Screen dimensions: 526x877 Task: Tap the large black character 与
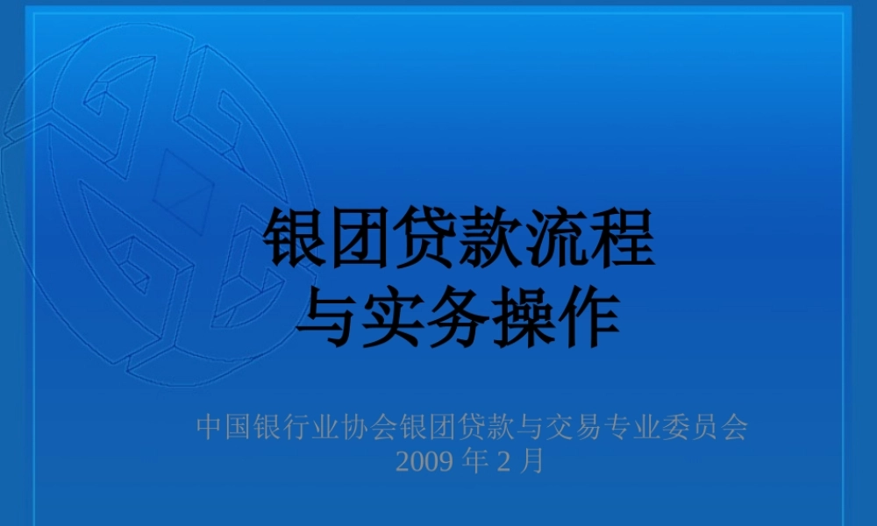(x=328, y=316)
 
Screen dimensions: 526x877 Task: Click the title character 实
(x=394, y=316)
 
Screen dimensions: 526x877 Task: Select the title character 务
(x=460, y=316)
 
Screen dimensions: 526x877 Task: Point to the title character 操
(x=524, y=316)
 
